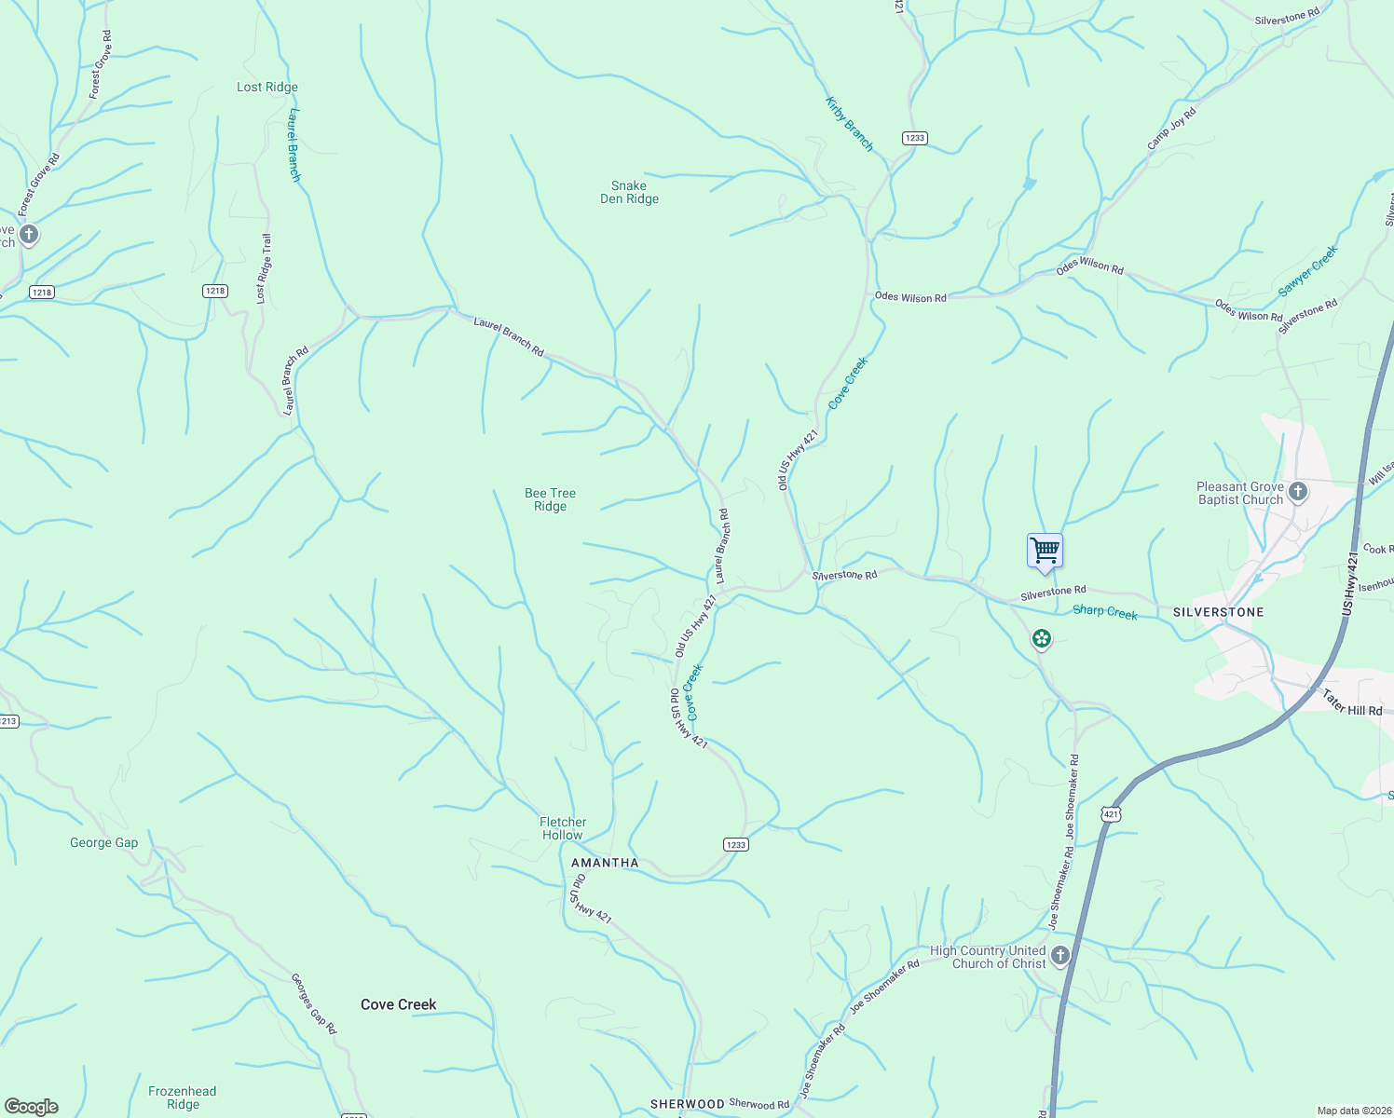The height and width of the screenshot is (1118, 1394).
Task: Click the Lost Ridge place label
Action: coord(267,88)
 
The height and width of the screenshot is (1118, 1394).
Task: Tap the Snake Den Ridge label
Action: coord(629,193)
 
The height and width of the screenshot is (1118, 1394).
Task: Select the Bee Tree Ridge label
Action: coord(550,500)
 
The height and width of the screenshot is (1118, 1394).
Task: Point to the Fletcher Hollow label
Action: coord(563,828)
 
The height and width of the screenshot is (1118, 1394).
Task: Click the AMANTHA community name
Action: coord(605,863)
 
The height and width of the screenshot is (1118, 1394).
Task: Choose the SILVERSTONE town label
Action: coord(1218,612)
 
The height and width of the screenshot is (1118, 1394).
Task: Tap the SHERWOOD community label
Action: coord(687,1104)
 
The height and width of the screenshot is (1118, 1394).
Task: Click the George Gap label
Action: coord(103,843)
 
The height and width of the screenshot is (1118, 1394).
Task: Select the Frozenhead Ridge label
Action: coord(183,1098)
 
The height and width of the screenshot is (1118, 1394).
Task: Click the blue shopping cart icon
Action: coord(1045,551)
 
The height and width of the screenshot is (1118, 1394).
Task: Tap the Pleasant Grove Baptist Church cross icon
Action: coord(1298,491)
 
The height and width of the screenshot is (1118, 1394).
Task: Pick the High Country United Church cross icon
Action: coord(1059,956)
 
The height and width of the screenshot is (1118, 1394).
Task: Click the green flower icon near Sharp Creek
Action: coord(1042,639)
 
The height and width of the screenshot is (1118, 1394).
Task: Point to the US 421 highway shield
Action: coord(1110,814)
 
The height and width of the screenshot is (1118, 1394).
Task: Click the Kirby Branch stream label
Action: coord(849,124)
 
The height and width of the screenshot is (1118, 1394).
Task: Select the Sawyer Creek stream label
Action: coord(1307,271)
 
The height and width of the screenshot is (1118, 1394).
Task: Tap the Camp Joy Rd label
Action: coord(1171,130)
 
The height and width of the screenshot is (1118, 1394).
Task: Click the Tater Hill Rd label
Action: coord(1351,702)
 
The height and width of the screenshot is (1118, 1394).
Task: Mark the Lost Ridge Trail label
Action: coord(265,268)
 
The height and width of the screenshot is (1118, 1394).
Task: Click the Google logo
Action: coord(31,1107)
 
